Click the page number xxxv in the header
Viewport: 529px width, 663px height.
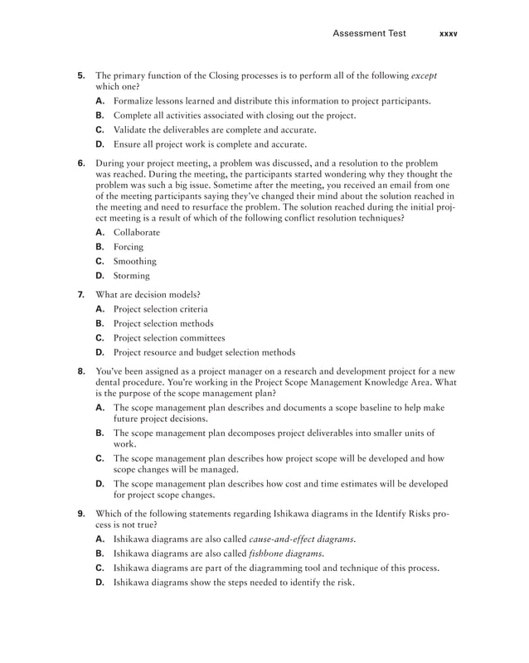pos(448,34)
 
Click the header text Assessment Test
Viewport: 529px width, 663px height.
pos(369,34)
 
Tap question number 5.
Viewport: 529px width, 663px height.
pos(81,75)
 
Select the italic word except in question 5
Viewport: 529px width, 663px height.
pos(424,75)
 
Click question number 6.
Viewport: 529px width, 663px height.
pos(81,164)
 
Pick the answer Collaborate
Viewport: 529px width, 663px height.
pos(137,233)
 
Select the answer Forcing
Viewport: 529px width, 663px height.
pos(129,247)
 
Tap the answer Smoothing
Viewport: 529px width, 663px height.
pos(134,261)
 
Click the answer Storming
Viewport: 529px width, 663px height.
pos(132,275)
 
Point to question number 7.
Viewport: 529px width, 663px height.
pos(81,294)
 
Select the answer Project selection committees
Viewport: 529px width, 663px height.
pos(169,337)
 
